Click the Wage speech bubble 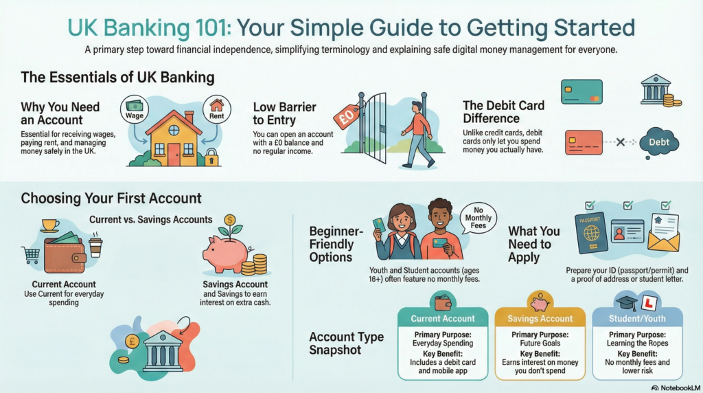(x=135, y=109)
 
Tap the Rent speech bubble (x=216, y=109)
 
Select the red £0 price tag (x=347, y=117)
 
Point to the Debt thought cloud (x=659, y=143)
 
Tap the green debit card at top (x=581, y=91)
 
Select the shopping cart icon (x=31, y=256)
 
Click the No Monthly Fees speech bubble (x=479, y=218)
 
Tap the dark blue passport (x=591, y=233)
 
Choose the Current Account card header (x=443, y=318)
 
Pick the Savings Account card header (x=540, y=318)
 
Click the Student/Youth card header (x=637, y=318)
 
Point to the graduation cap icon (x=626, y=302)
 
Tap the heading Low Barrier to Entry (x=285, y=113)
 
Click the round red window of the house (x=174, y=131)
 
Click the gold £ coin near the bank (x=132, y=341)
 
